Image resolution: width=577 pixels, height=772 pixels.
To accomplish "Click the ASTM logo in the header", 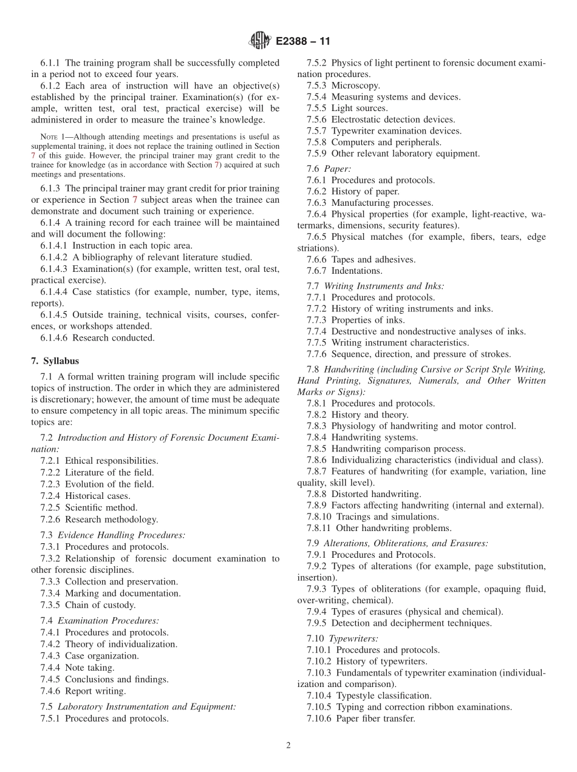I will click(x=260, y=41).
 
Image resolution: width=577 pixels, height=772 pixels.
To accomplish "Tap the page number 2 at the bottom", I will click(x=288, y=746).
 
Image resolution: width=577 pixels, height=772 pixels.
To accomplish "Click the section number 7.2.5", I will click(x=52, y=507).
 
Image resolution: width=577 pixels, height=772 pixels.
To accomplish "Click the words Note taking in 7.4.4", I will click(x=89, y=668).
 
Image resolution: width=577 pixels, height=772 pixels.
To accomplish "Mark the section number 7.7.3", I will click(x=318, y=320).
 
